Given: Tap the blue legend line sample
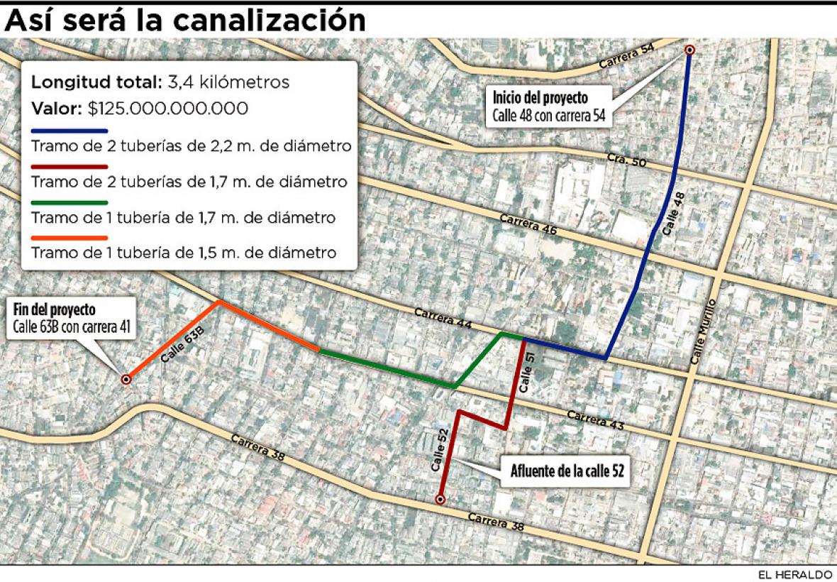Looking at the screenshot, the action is coord(69,131).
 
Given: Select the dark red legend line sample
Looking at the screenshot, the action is coord(69,166).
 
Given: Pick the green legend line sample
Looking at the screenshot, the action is coord(69,202).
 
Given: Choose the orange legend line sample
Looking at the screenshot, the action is coord(69,237).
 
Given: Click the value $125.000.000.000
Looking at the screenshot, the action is coord(168,109).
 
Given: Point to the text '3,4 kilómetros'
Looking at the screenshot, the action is coord(228,82).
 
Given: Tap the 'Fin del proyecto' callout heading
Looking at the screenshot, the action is coord(55,310).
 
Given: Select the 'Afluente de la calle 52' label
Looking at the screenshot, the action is coord(567,471).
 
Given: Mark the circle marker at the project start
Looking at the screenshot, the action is coord(689,50).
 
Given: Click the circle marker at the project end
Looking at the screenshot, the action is coord(126,380).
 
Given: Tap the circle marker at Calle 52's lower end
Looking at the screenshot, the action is coord(440,500).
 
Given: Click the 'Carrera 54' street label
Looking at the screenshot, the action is coord(626,57).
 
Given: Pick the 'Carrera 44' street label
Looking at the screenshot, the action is coord(443,317).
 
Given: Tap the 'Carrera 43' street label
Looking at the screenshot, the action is coord(595,420).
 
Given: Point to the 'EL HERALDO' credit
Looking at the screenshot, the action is coord(803,574).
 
